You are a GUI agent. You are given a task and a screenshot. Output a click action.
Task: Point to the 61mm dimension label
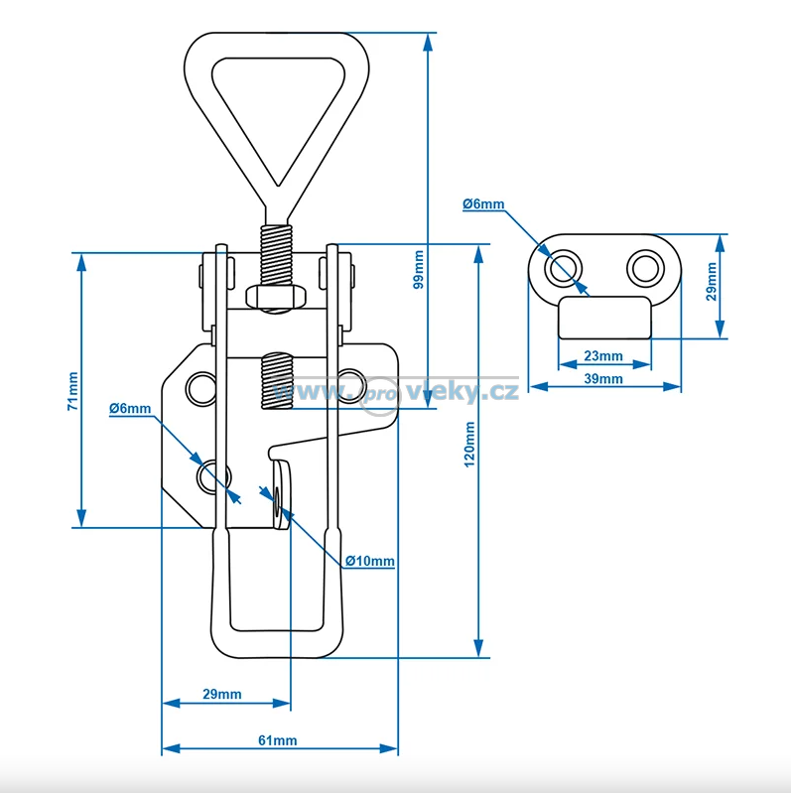point(278,740)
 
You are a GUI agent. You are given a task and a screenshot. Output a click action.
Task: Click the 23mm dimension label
point(602,356)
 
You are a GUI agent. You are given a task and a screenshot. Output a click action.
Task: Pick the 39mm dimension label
point(602,379)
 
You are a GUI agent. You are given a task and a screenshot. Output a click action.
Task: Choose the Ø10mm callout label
point(370,562)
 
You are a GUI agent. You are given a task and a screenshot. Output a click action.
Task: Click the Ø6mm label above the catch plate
point(483,204)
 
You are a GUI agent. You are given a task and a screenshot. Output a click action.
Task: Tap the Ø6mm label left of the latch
point(130,409)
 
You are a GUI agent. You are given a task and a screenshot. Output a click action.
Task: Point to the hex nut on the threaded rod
point(275,296)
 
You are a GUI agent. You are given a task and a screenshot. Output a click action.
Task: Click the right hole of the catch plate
point(643,266)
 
